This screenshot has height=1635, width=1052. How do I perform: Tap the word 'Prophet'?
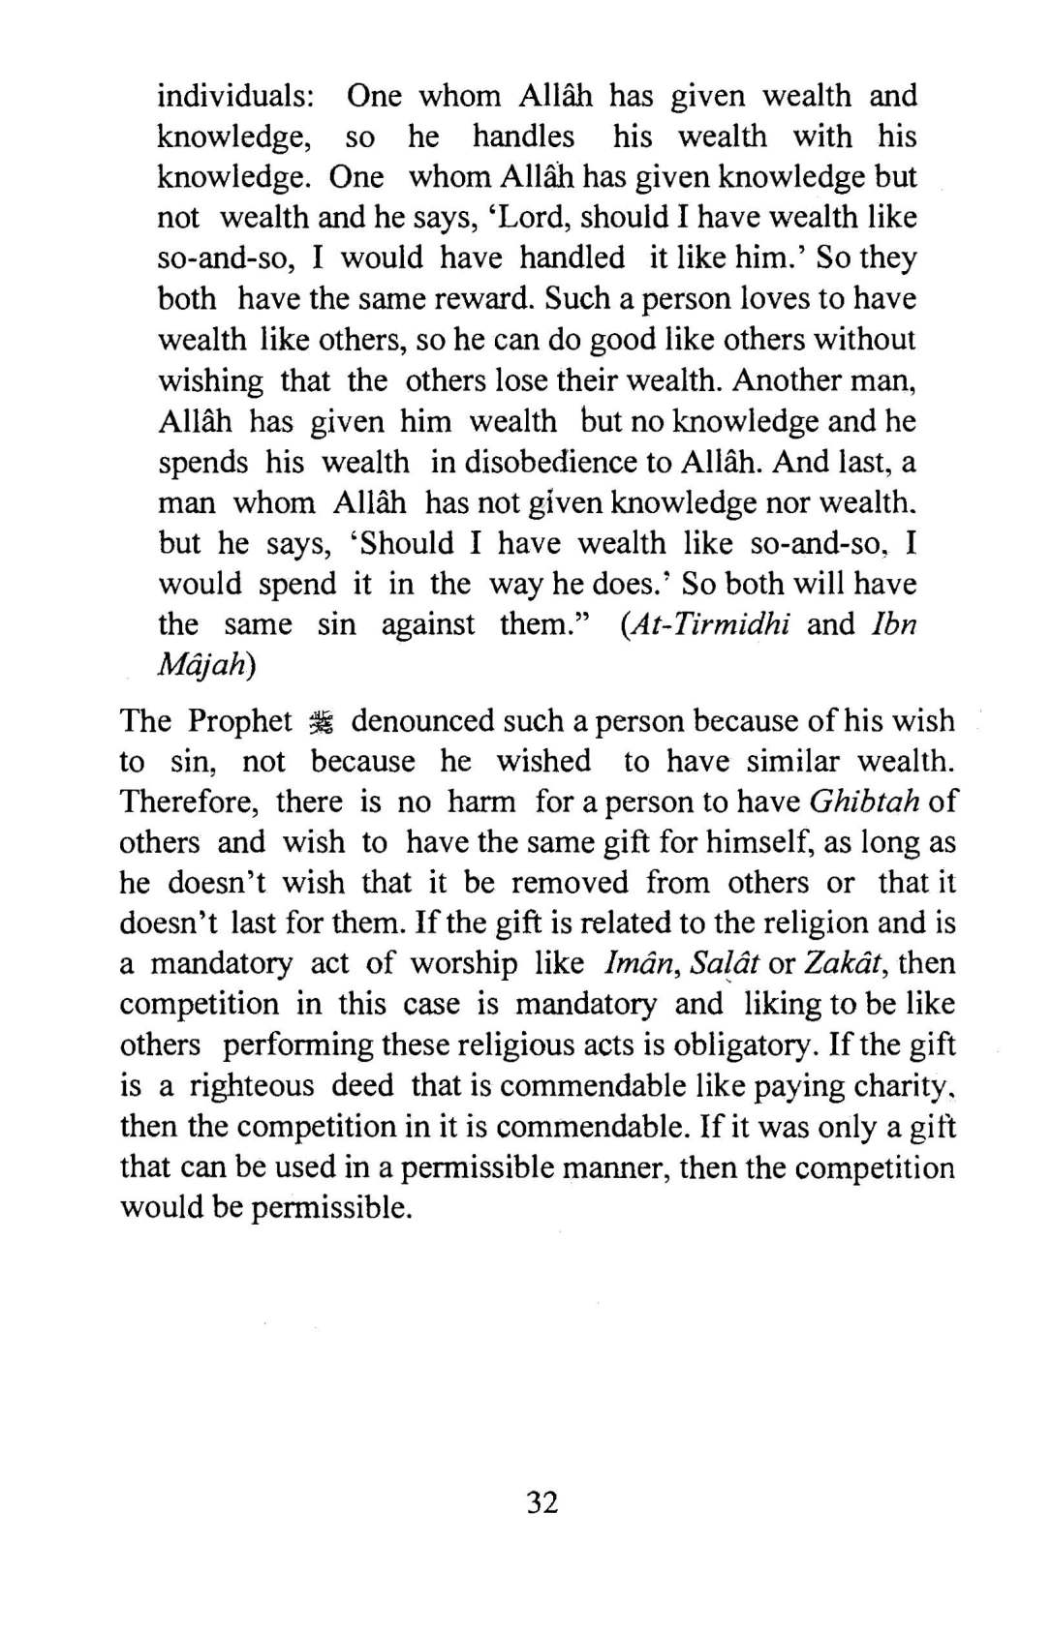240,721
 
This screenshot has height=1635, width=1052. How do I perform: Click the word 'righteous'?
252,1086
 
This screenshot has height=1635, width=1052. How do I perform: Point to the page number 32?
542,1502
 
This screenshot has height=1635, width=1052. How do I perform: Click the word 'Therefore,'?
183,802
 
